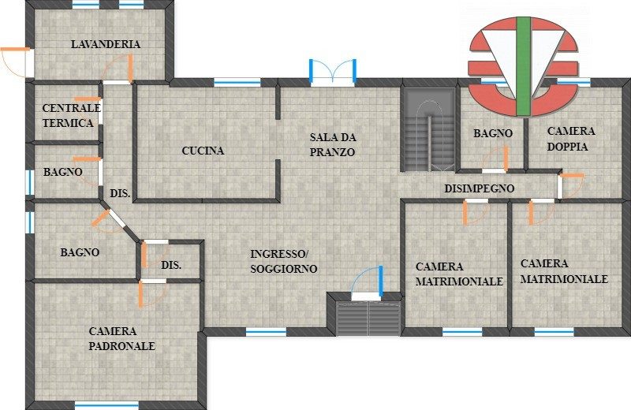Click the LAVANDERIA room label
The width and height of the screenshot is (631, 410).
pos(106,44)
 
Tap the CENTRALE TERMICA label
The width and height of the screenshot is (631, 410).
pos(71,115)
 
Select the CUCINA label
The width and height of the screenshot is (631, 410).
pos(203,151)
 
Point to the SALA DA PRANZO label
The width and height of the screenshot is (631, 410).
pos(333,144)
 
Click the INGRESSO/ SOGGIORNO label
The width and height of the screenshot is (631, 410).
pos(284,261)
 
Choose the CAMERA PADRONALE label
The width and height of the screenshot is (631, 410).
pos(122,338)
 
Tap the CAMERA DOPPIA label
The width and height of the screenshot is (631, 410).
pos(571,139)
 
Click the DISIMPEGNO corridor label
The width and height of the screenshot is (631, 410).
pos(480,188)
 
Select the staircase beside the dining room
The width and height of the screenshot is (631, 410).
pos(430,129)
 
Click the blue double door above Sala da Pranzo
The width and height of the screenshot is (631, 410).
pos(332,73)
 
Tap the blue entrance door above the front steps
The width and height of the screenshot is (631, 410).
pos(368,282)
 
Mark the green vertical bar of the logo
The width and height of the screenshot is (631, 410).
pos(523,66)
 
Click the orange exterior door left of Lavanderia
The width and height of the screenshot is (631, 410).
pos(14,61)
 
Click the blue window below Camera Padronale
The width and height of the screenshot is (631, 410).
pos(106,404)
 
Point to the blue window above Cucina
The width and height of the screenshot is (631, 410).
pos(237,82)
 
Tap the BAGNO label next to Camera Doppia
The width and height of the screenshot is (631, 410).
pos(493,133)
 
